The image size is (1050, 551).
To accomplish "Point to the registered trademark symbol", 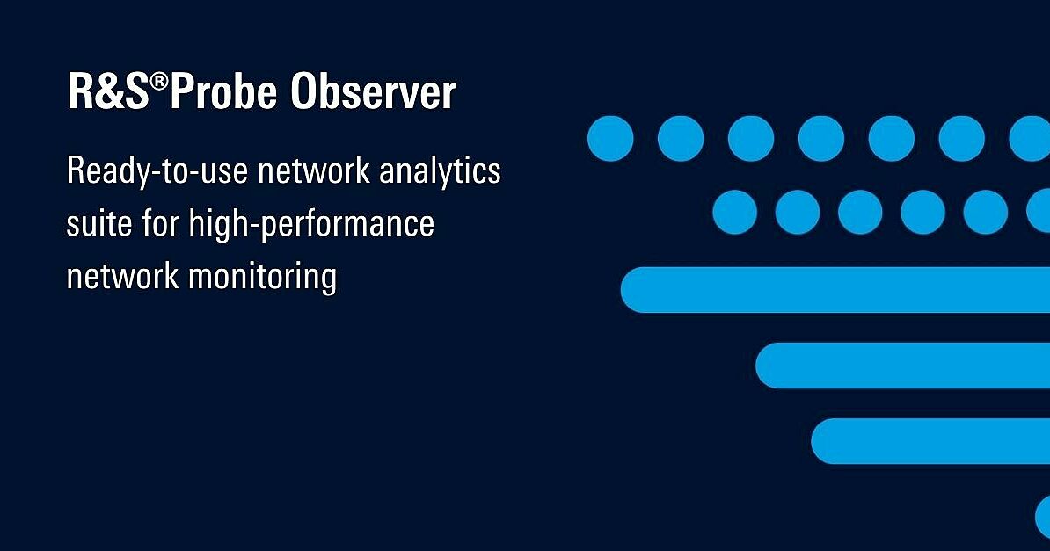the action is (x=159, y=82).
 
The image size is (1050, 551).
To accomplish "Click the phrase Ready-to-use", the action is (x=157, y=171).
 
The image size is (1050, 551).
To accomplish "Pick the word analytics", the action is (x=440, y=171).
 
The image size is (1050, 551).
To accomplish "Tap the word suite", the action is (x=99, y=222).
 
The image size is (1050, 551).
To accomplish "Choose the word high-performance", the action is (x=311, y=224).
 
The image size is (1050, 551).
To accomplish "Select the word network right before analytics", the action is (x=313, y=170).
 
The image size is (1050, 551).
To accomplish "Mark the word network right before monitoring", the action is (x=122, y=276).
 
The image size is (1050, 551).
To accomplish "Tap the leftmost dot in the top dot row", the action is (x=610, y=139).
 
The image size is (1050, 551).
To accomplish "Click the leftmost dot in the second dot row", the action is (x=734, y=213).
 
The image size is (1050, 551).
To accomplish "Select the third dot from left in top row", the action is (x=751, y=139).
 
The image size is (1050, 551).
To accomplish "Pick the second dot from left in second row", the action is (x=798, y=213).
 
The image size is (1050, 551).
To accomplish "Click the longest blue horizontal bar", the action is (x=835, y=290).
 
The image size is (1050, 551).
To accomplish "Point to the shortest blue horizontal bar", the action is (x=930, y=441).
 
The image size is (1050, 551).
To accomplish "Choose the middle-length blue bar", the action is (x=902, y=366).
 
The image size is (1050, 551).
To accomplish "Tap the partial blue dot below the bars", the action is (x=1043, y=517).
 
